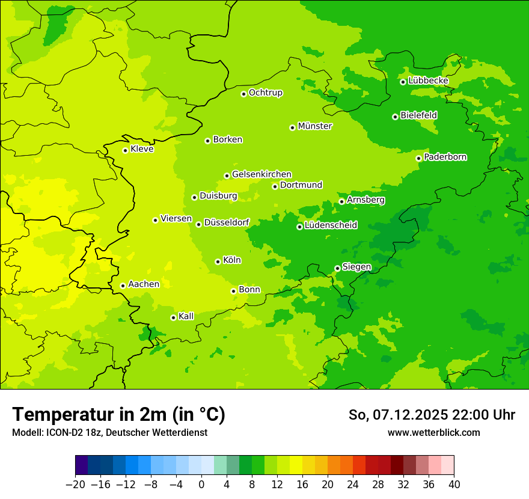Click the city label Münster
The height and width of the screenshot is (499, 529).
coord(315,126)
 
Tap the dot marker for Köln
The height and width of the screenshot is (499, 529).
coord(218,262)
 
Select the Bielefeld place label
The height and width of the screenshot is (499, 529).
coord(418,115)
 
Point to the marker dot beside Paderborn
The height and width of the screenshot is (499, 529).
coord(419,158)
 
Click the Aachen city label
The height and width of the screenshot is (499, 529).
coord(144,284)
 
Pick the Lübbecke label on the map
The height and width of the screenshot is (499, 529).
coord(428,81)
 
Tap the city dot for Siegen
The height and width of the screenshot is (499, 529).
coord(338,268)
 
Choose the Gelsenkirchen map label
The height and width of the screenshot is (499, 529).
coord(261,174)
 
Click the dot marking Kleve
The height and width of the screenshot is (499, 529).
coord(126,150)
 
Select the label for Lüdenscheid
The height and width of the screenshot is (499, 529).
coord(331,225)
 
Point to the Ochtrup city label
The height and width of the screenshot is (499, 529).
coord(265,93)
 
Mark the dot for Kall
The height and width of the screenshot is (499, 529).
coord(174,317)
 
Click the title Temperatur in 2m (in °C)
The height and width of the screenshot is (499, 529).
coord(118,415)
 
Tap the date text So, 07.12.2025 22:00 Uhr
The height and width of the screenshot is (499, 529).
coord(432,415)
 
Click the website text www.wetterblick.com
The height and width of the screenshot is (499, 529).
coord(433,433)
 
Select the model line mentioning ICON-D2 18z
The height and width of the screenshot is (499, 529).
coord(109,433)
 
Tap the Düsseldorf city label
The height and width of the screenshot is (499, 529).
coord(227,222)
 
